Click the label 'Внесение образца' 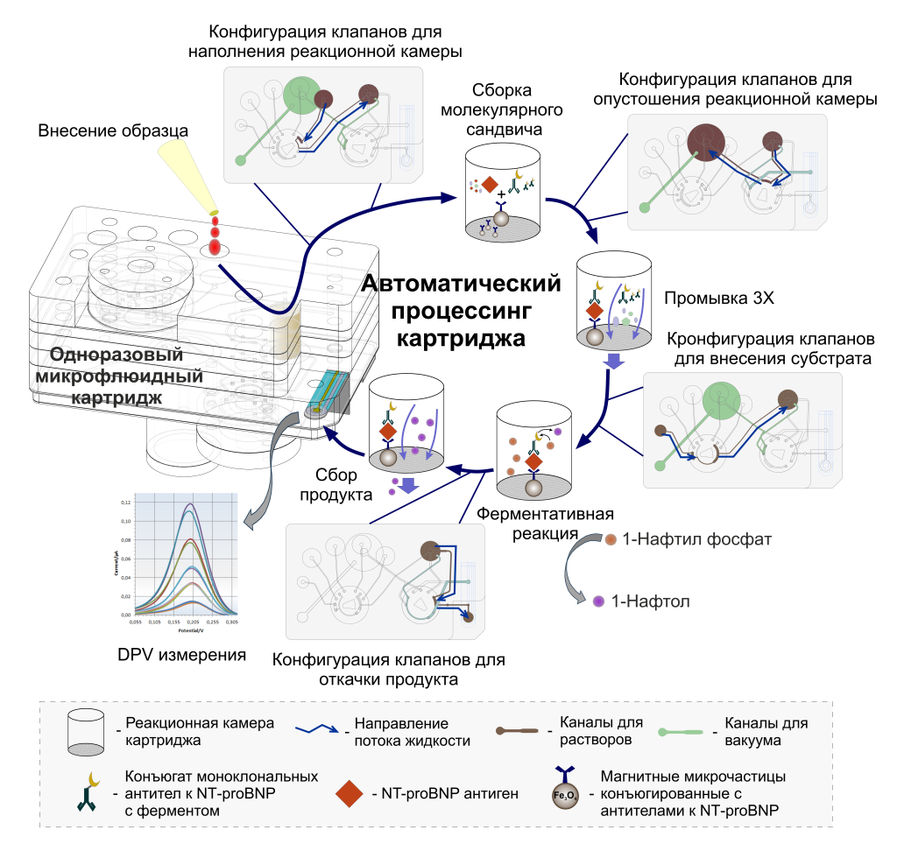pyautogui.click(x=113, y=130)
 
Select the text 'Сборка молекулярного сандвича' pyautogui.click(x=503, y=110)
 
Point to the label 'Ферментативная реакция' pyautogui.click(x=544, y=523)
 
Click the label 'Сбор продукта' pyautogui.click(x=338, y=484)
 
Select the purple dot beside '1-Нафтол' pyautogui.click(x=599, y=601)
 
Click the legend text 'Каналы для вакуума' pyautogui.click(x=760, y=732)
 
